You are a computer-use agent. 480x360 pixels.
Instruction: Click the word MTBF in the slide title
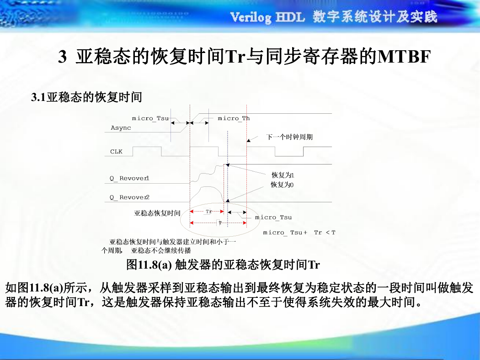click(404, 57)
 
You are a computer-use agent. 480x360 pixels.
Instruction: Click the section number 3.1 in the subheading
click(38, 97)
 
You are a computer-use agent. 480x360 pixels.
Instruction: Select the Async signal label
click(121, 128)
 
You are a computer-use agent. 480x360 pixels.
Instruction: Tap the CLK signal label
click(116, 151)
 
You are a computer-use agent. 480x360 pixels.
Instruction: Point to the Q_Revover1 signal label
click(129, 178)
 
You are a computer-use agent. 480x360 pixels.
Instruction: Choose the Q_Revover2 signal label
click(129, 197)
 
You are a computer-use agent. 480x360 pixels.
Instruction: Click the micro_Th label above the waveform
click(234, 118)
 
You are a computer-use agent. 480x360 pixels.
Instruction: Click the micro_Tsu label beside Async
click(150, 118)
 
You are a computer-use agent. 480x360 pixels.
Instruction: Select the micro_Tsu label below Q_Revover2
click(273, 217)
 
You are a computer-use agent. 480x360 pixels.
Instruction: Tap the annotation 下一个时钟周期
click(289, 137)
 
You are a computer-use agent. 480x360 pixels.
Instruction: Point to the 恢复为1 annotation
click(283, 175)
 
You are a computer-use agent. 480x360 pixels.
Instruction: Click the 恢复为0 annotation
click(282, 185)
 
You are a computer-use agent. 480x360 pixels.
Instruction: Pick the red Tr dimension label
click(209, 212)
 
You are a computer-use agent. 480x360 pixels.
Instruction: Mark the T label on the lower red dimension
click(220, 222)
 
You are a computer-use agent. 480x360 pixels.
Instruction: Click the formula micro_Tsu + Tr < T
click(299, 233)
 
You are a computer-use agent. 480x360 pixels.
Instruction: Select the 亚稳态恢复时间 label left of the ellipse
click(157, 213)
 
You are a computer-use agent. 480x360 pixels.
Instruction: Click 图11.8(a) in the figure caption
click(149, 265)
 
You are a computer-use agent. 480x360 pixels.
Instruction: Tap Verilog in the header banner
click(251, 17)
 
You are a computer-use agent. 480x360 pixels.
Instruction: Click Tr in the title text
click(235, 57)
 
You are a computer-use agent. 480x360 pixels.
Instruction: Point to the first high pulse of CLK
click(147, 147)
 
